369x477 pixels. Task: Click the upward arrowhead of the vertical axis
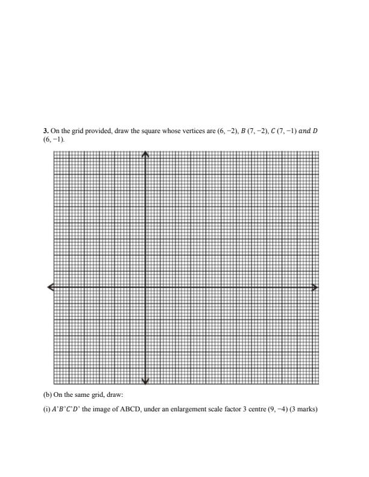[145, 154]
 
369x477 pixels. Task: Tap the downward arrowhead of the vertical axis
[145, 381]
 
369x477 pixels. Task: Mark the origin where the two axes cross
[145, 287]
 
